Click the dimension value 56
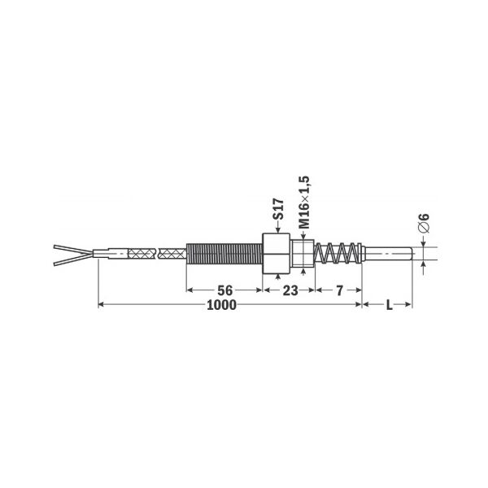point(224,290)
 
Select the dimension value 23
point(290,290)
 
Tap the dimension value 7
point(339,290)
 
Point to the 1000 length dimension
point(221,305)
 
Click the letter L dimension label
point(389,305)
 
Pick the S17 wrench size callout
point(278,209)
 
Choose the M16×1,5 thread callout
point(304,203)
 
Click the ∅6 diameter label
point(424,223)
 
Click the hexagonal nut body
point(277,254)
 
